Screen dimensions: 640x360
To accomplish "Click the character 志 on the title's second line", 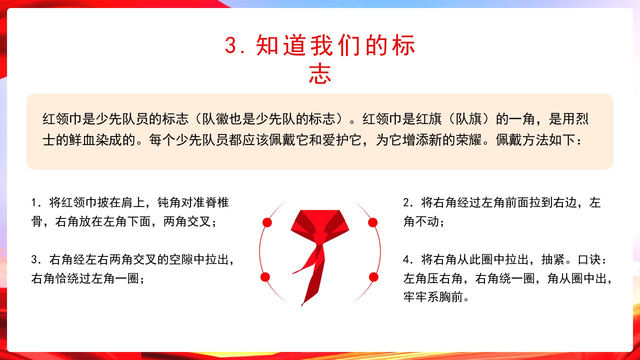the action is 320,74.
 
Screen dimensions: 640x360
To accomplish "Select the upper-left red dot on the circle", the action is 267,222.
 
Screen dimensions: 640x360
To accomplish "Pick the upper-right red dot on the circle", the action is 372,222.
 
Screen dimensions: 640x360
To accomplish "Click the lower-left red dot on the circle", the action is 265,277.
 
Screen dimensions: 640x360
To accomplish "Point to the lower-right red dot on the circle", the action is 373,277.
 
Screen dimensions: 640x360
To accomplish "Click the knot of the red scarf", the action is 320,239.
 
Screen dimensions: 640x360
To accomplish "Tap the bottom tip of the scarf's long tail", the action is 302,305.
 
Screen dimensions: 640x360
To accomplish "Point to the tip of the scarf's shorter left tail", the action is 292,273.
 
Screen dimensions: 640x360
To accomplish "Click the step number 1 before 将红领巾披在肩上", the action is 34,202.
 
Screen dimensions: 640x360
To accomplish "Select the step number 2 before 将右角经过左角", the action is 406,202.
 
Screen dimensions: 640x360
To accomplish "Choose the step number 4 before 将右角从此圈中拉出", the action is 406,259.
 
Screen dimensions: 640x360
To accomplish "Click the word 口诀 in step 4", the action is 589,259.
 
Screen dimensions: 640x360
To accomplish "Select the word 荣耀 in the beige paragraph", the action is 468,140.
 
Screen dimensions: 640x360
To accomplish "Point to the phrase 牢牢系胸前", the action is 433,297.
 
